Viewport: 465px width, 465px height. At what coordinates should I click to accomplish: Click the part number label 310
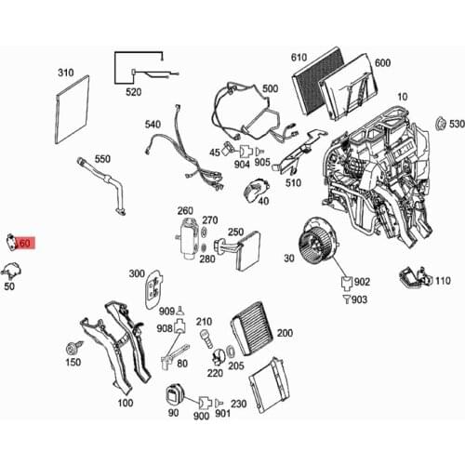tap(66, 72)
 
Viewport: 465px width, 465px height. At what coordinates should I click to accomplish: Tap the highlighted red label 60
tap(22, 243)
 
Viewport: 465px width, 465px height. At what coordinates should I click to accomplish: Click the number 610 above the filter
tap(299, 58)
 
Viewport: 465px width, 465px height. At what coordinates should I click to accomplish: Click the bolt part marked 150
tap(71, 349)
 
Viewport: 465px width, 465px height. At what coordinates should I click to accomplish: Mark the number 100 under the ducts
tap(124, 403)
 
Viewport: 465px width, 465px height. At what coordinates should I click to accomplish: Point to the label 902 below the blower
tap(362, 281)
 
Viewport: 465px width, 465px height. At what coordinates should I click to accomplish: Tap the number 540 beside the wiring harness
tap(152, 124)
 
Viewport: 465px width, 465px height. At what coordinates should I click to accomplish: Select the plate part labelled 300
tap(149, 289)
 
